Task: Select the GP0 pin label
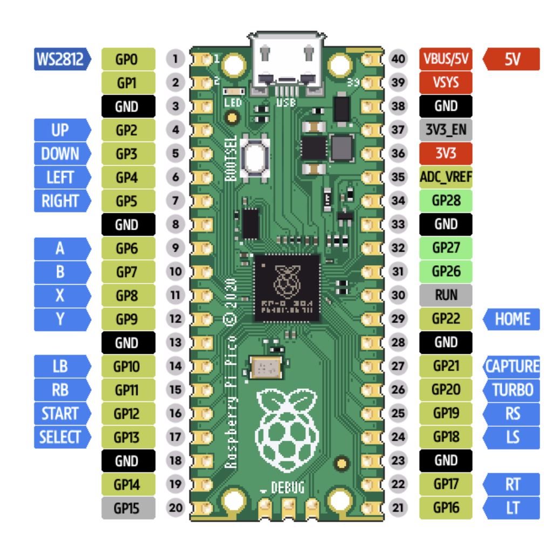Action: coord(128,59)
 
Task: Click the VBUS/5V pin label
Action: coord(446,59)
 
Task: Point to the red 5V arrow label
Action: coord(511,59)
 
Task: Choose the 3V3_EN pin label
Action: coord(446,130)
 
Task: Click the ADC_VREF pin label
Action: coord(446,177)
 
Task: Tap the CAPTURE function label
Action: coord(511,366)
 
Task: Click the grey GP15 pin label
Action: coord(128,508)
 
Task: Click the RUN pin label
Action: coord(446,295)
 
